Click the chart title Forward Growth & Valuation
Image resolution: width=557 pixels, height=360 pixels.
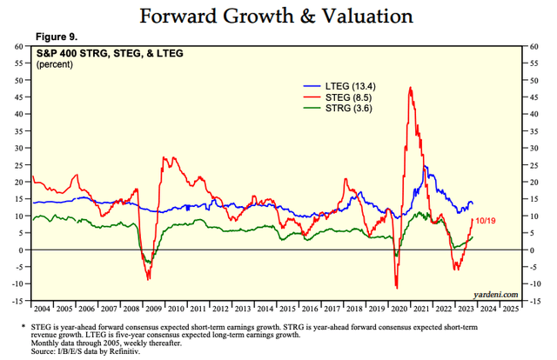coord(278,17)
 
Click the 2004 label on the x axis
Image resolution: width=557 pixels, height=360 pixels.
coord(41,309)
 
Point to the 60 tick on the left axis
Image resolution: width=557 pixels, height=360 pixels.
coord(18,46)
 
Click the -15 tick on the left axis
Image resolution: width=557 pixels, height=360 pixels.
coord(17,301)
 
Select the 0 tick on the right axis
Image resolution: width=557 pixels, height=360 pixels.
coord(530,250)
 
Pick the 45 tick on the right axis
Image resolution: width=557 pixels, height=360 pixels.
coord(532,97)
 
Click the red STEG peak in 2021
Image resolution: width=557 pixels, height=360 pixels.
coord(409,88)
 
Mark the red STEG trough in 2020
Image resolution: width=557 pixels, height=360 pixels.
coord(397,288)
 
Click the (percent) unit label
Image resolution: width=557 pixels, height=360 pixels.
coord(56,64)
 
